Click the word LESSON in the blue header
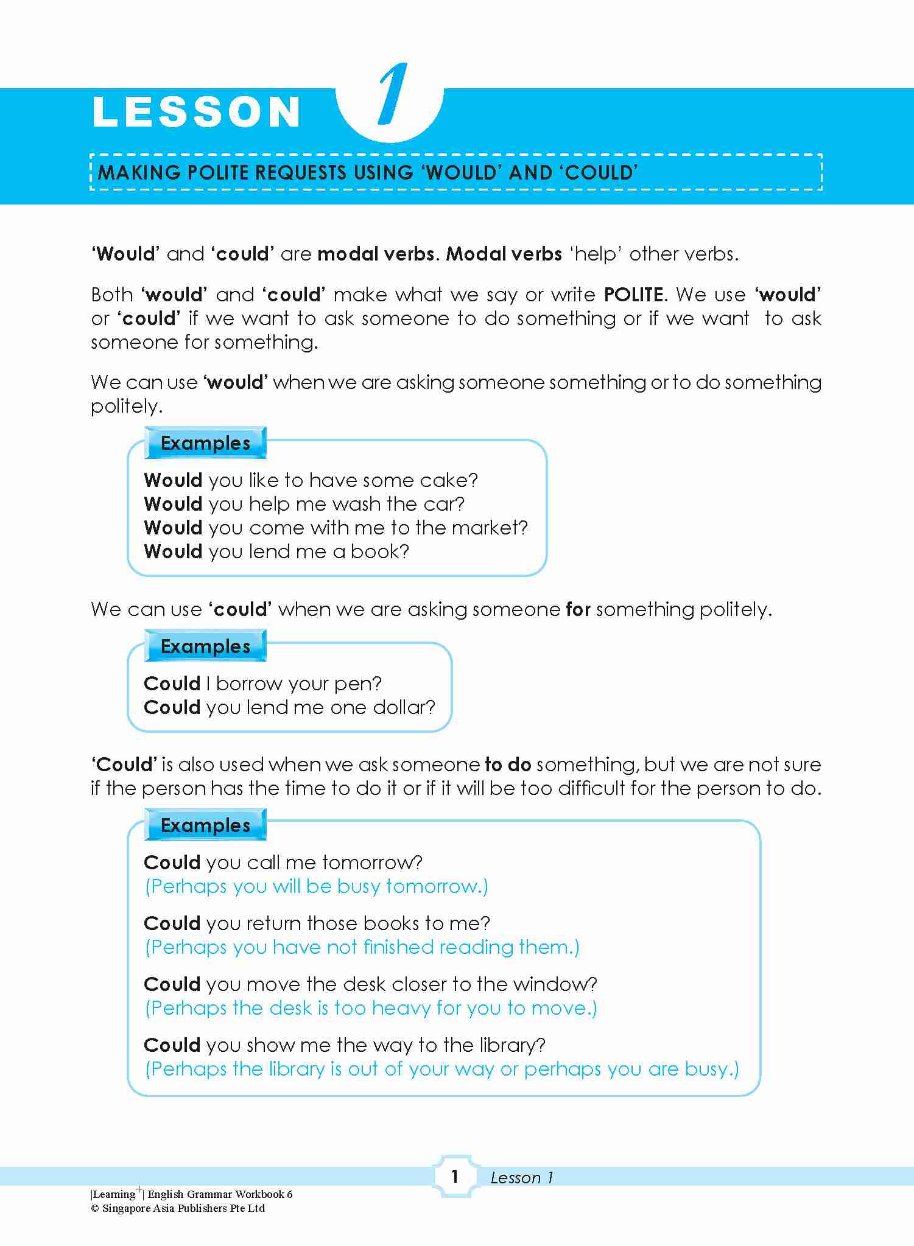(x=197, y=113)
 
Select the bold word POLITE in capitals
(x=634, y=295)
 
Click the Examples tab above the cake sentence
(x=205, y=443)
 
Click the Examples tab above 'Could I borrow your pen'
(x=205, y=646)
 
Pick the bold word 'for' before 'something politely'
(x=578, y=609)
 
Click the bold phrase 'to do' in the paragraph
(x=508, y=765)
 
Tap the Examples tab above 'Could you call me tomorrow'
(x=205, y=825)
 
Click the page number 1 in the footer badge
(x=454, y=1177)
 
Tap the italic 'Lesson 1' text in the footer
(x=521, y=1178)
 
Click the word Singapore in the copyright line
(x=126, y=1208)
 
